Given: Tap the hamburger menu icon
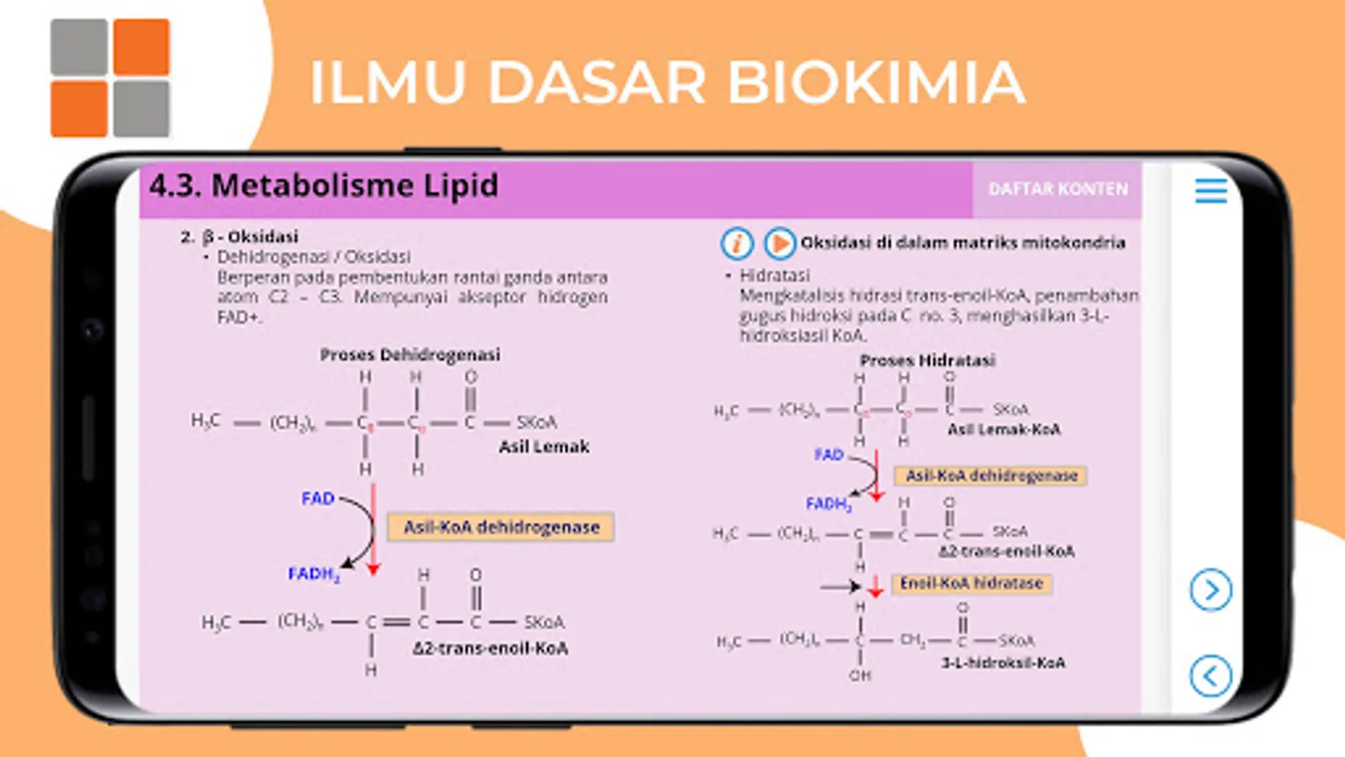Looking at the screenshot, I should [1210, 190].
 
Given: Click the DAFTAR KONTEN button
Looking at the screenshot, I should [1058, 189].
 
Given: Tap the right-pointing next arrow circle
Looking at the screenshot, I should [1210, 590].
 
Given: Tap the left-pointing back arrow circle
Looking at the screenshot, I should [1210, 675].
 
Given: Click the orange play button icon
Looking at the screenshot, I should [779, 243].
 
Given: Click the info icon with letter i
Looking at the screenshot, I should [736, 243].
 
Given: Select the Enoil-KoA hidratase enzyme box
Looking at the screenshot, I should [971, 584].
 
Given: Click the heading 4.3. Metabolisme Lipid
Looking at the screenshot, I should [324, 186].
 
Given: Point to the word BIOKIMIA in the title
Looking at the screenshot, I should [875, 82].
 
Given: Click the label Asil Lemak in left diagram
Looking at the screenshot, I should [544, 447].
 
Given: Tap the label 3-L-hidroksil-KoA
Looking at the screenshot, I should [1003, 663].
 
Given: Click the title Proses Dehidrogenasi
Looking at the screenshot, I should [409, 355].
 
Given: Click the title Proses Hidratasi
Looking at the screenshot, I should [927, 361].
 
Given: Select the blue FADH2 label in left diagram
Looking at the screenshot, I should [314, 574].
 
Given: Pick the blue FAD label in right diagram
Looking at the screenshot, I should [828, 454].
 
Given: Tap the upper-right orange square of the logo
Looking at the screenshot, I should [141, 47].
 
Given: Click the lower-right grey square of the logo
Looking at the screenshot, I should [141, 109].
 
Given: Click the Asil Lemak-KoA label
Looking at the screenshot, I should [1004, 430].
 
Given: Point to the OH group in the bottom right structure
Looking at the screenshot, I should [860, 675].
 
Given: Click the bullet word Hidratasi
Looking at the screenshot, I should [774, 275].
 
